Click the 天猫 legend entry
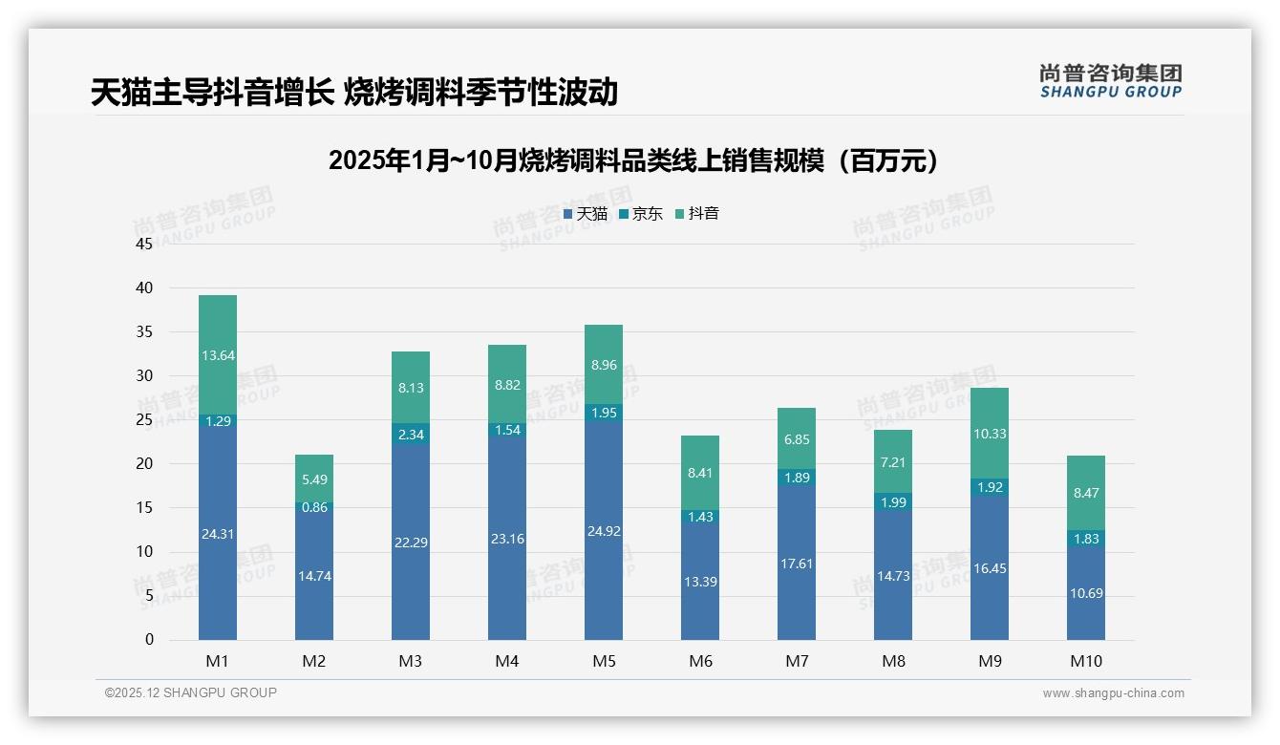[586, 214]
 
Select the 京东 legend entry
[641, 214]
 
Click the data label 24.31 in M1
[218, 534]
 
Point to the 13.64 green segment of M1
[218, 355]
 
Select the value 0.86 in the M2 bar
[314, 507]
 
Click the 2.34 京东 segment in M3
[411, 435]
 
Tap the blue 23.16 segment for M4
[507, 539]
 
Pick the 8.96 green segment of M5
[604, 364]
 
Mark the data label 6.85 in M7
[797, 438]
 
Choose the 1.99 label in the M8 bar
[893, 502]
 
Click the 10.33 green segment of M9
[990, 434]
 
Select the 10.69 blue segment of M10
[1086, 593]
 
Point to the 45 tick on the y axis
[144, 244]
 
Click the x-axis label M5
[604, 662]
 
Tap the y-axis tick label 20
[144, 464]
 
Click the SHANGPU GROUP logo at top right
[1110, 81]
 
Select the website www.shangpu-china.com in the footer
[1113, 693]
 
